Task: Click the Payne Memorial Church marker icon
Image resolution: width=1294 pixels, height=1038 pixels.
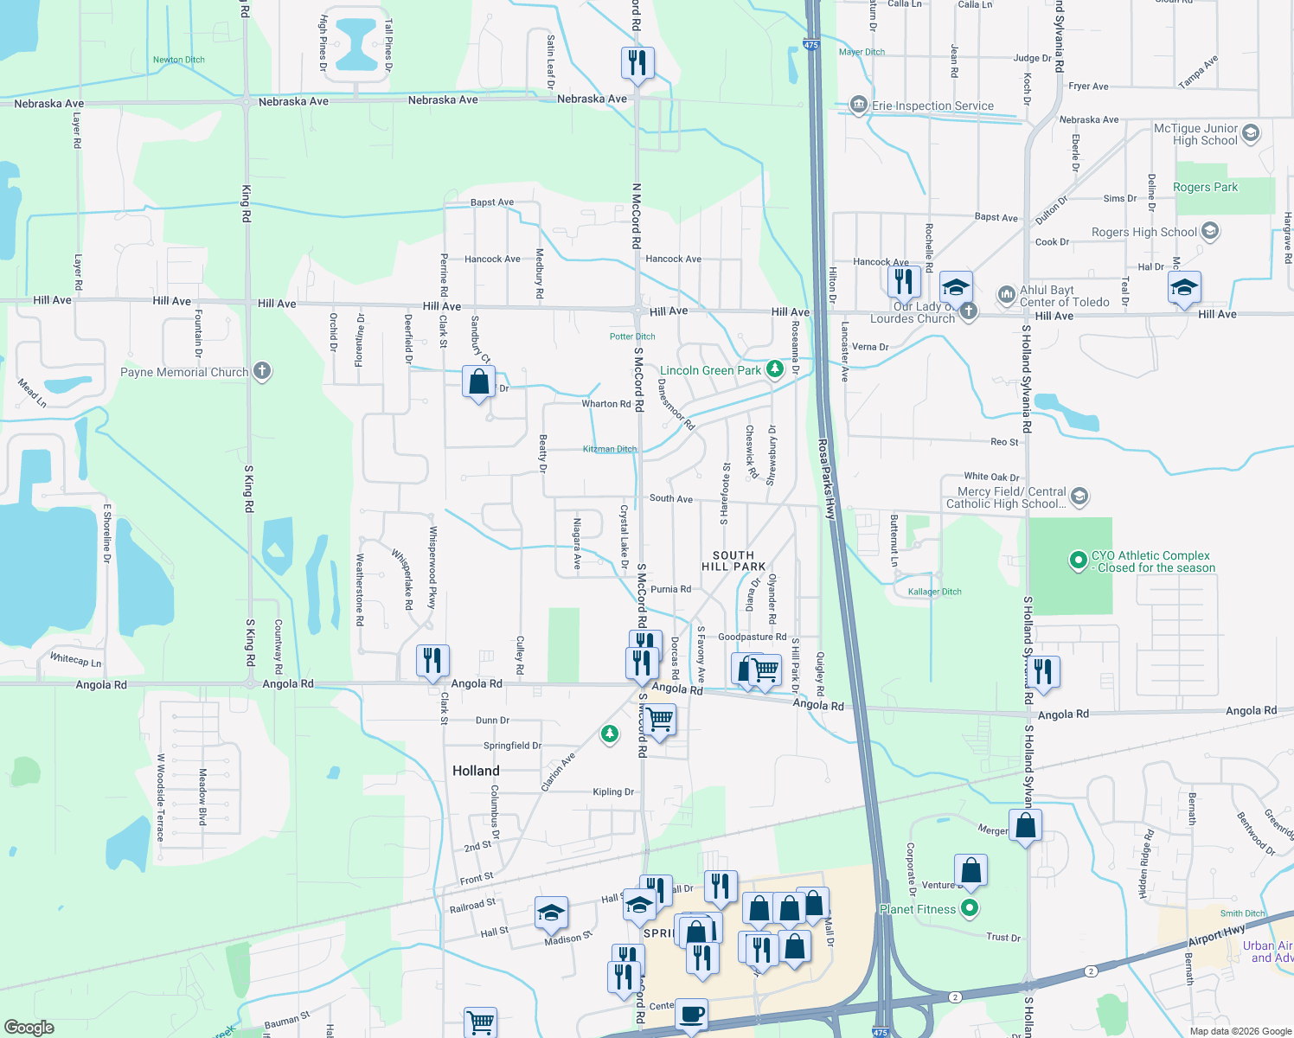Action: click(262, 372)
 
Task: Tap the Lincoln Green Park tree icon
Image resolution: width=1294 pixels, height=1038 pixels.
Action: click(775, 370)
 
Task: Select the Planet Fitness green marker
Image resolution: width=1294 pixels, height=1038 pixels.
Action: click(970, 908)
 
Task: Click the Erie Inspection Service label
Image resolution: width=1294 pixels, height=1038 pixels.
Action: click(932, 106)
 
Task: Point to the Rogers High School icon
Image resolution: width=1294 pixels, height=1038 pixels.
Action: click(1210, 231)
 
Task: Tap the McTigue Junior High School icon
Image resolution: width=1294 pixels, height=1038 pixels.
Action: click(1251, 133)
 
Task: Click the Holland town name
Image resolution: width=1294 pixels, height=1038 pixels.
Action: click(476, 771)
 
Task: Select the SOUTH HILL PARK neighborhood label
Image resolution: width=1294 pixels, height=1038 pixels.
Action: click(733, 561)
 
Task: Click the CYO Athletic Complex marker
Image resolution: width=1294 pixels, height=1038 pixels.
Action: click(1078, 561)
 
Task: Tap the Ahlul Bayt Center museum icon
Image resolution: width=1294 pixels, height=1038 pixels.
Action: click(1006, 295)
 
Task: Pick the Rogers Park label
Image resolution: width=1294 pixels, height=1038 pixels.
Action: click(1205, 187)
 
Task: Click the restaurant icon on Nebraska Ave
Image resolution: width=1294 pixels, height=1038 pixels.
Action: click(637, 63)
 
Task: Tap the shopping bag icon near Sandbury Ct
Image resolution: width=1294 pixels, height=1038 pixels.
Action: click(478, 381)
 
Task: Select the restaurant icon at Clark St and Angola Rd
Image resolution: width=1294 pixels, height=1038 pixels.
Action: click(432, 661)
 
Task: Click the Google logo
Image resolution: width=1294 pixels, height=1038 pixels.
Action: click(29, 1027)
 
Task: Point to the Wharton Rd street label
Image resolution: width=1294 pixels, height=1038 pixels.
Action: click(605, 404)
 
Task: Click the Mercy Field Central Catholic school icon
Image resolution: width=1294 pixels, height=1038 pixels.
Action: click(1079, 497)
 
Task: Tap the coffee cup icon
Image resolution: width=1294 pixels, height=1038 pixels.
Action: click(690, 1013)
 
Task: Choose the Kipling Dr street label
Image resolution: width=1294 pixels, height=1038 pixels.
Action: click(613, 791)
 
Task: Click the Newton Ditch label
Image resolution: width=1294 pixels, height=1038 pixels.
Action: click(179, 60)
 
